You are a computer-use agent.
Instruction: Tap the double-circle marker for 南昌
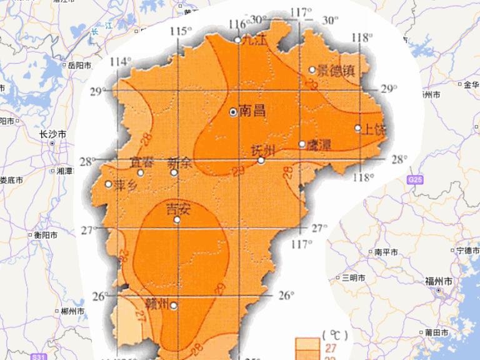[x=233, y=112]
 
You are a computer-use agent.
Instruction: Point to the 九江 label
[x=253, y=41]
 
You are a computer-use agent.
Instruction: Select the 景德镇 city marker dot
[x=312, y=70]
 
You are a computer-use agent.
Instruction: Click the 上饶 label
[x=374, y=129]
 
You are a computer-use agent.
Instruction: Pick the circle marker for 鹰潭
[x=302, y=144]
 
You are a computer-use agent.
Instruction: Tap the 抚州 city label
[x=262, y=150]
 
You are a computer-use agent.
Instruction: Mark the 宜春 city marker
[x=141, y=172]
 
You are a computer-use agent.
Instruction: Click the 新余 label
[x=179, y=161]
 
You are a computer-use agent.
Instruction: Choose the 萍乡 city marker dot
[x=108, y=184]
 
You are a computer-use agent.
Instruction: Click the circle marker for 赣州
[x=173, y=306]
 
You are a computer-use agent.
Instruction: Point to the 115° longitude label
[x=181, y=31]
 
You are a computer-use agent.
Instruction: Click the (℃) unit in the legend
[x=332, y=333]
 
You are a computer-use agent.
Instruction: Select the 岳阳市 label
[x=79, y=65]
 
